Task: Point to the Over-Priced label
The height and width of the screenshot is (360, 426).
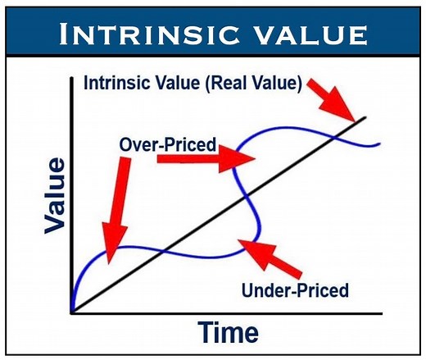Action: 168,145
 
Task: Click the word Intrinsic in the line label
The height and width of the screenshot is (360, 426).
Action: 116,84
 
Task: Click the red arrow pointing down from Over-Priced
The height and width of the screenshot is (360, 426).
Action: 120,201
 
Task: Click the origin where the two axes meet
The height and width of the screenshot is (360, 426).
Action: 72,312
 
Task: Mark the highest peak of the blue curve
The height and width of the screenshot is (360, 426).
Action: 283,129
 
